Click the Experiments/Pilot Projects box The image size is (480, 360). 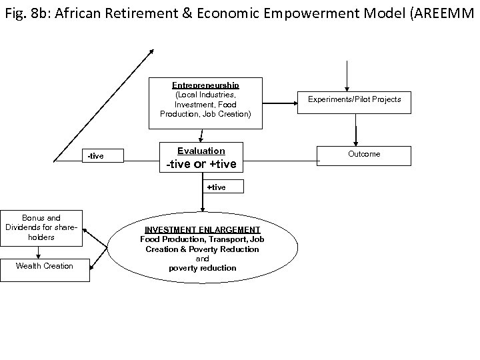point(354,100)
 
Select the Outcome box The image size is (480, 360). point(364,154)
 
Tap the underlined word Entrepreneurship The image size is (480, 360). point(205,85)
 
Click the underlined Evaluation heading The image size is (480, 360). point(201,151)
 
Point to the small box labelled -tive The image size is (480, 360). point(96,156)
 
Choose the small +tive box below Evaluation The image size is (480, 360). point(216,187)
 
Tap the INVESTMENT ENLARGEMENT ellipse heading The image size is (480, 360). point(203,230)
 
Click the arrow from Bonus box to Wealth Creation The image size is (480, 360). point(39,251)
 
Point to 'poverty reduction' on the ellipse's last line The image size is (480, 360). point(203,268)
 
